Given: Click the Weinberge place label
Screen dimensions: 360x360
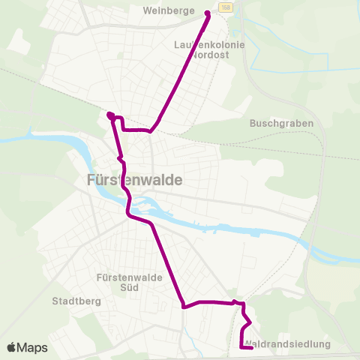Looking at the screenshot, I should coord(173,11).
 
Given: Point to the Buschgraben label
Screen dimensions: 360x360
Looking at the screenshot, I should coord(280,123).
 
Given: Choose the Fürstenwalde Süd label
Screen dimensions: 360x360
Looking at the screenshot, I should coord(120,282).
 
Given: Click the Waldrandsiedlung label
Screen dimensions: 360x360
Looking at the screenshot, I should coord(288,344).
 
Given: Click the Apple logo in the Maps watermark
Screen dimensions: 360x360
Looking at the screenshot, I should coord(13,347).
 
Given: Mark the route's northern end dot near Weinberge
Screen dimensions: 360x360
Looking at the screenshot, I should coord(208,13).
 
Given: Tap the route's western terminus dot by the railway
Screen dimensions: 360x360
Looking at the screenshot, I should coord(109,115).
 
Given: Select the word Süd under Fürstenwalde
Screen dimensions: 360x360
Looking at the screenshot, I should coord(120,287).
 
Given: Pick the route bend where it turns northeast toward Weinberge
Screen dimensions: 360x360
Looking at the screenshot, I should coord(151,130).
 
